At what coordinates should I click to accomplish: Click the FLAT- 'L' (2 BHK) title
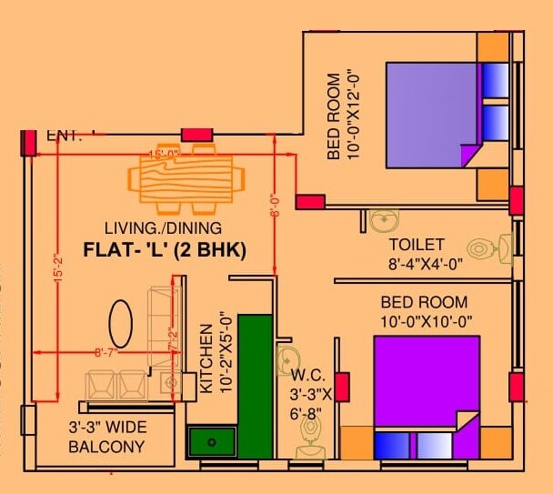pyautogui.click(x=165, y=249)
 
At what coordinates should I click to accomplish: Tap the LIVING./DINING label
pyautogui.click(x=163, y=227)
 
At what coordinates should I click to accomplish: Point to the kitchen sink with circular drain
pyautogui.click(x=211, y=442)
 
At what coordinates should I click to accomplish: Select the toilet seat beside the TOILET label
pyautogui.click(x=483, y=247)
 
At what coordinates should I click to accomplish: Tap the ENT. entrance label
pyautogui.click(x=64, y=136)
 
